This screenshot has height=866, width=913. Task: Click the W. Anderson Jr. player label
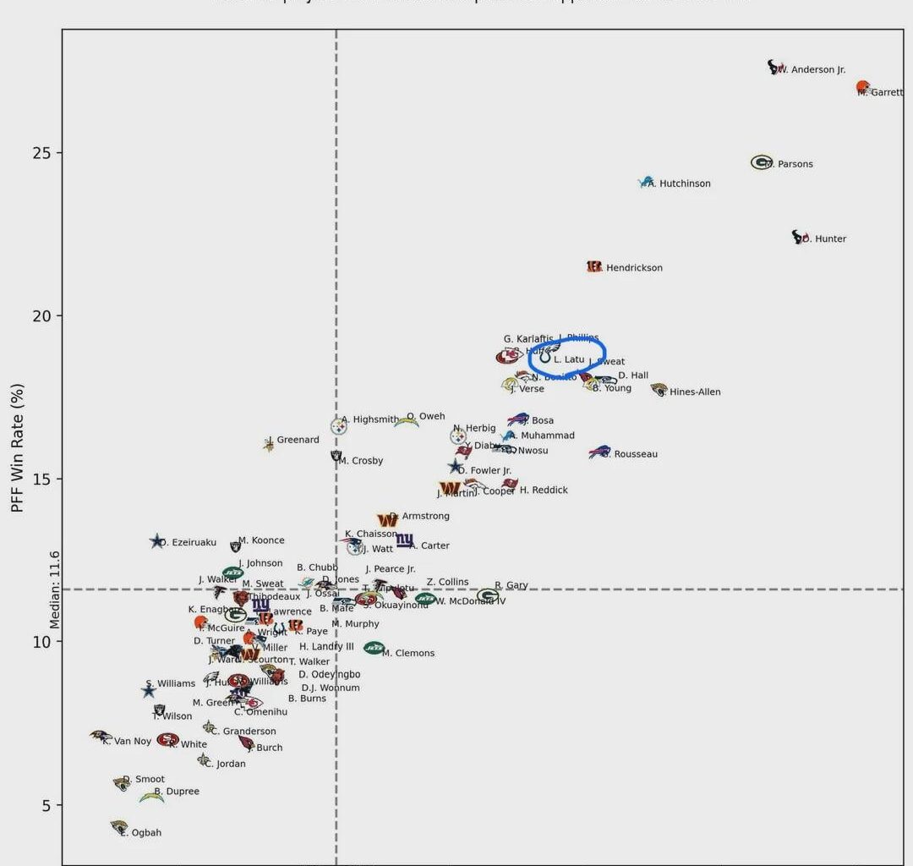tap(812, 70)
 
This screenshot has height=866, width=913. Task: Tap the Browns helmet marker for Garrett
tap(862, 87)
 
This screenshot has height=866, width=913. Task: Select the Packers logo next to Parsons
tap(761, 162)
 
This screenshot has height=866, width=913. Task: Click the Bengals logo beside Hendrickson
tap(594, 266)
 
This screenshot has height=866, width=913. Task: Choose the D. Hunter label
tap(826, 239)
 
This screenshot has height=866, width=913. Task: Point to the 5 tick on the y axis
tap(46, 805)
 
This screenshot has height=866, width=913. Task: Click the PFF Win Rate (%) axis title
tap(18, 447)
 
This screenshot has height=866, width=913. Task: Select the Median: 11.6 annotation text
tap(55, 589)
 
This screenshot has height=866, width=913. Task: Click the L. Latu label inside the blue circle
tap(569, 359)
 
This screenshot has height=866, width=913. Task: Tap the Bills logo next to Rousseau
tap(599, 452)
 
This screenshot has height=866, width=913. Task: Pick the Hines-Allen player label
tap(695, 392)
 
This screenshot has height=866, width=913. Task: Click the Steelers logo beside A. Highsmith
tap(338, 427)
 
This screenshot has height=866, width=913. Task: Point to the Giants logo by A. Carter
tap(405, 540)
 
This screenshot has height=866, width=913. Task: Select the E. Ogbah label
tap(143, 833)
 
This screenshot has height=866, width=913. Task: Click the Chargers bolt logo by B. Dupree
tap(151, 797)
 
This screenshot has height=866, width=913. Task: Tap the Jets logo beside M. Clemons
tap(374, 648)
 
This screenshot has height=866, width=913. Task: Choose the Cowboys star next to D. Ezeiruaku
tap(156, 541)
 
